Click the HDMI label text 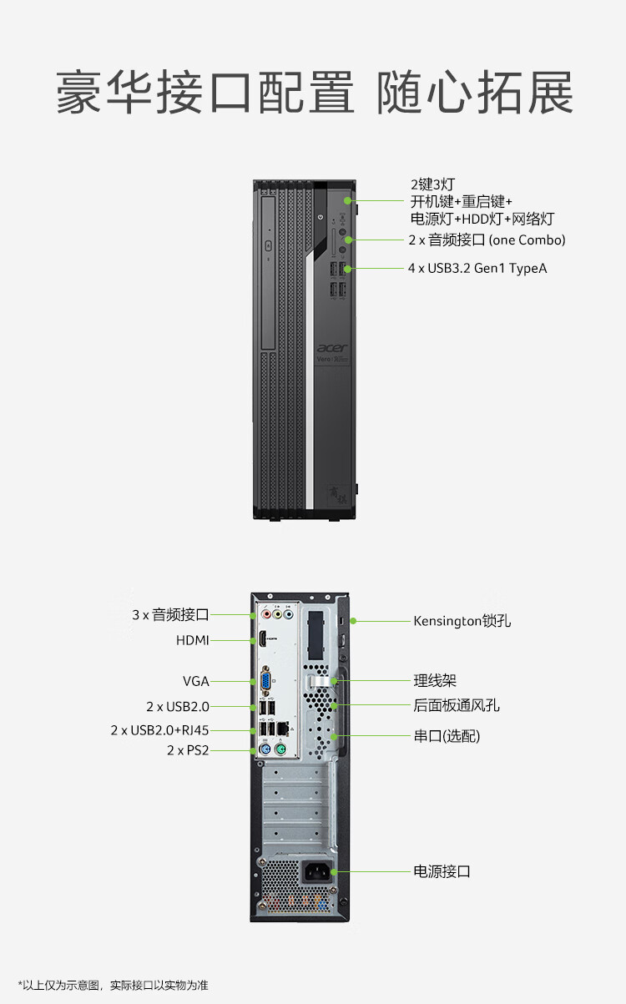point(193,640)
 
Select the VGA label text point(196,681)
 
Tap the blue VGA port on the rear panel point(265,681)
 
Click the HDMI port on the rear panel point(262,638)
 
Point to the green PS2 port point(280,749)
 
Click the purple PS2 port point(265,749)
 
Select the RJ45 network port point(282,729)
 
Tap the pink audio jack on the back point(266,614)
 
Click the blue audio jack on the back point(289,614)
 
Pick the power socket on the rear point(317,872)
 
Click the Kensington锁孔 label point(462,621)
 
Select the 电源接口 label point(442,871)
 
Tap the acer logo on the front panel point(332,348)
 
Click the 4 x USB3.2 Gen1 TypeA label point(477,269)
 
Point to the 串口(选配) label point(447,736)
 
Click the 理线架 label point(435,680)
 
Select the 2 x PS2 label point(188,750)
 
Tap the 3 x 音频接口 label point(171,615)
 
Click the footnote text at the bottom point(113,985)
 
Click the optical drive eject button point(269,245)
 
